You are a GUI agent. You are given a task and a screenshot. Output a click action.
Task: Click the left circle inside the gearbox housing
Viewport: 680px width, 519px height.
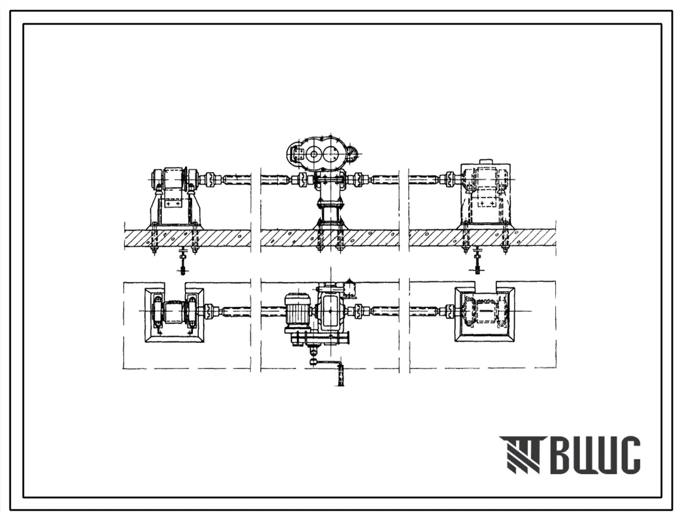(313, 154)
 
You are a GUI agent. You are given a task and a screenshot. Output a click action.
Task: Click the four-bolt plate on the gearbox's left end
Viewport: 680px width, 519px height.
(298, 153)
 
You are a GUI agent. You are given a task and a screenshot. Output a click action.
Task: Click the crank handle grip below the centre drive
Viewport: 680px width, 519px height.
(340, 376)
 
